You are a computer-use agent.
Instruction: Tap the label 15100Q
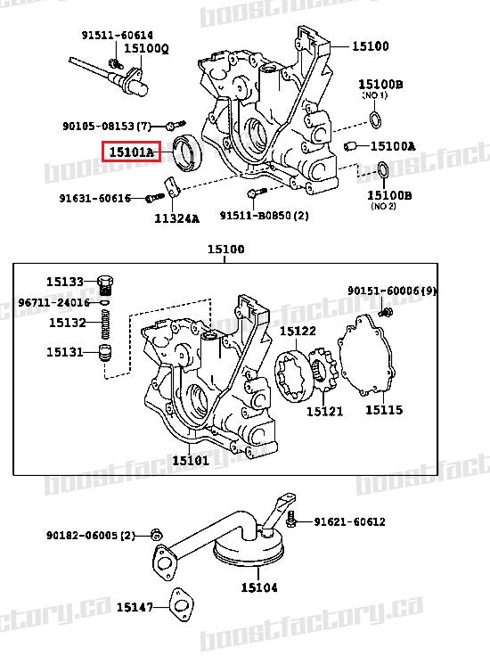(146, 47)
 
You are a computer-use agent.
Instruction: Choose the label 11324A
(176, 217)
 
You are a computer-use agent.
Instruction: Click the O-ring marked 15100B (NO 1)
(376, 120)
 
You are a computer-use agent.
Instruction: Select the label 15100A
(393, 146)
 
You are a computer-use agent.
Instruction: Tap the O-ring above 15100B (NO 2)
(380, 169)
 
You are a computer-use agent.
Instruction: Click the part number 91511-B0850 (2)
(264, 216)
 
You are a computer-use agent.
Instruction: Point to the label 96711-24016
(53, 302)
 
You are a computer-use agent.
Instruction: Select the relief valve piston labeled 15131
(107, 353)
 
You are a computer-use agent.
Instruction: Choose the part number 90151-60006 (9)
(392, 291)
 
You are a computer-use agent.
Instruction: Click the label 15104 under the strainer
(258, 587)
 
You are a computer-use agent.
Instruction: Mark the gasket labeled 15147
(184, 606)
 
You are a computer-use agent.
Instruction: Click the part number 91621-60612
(349, 522)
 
